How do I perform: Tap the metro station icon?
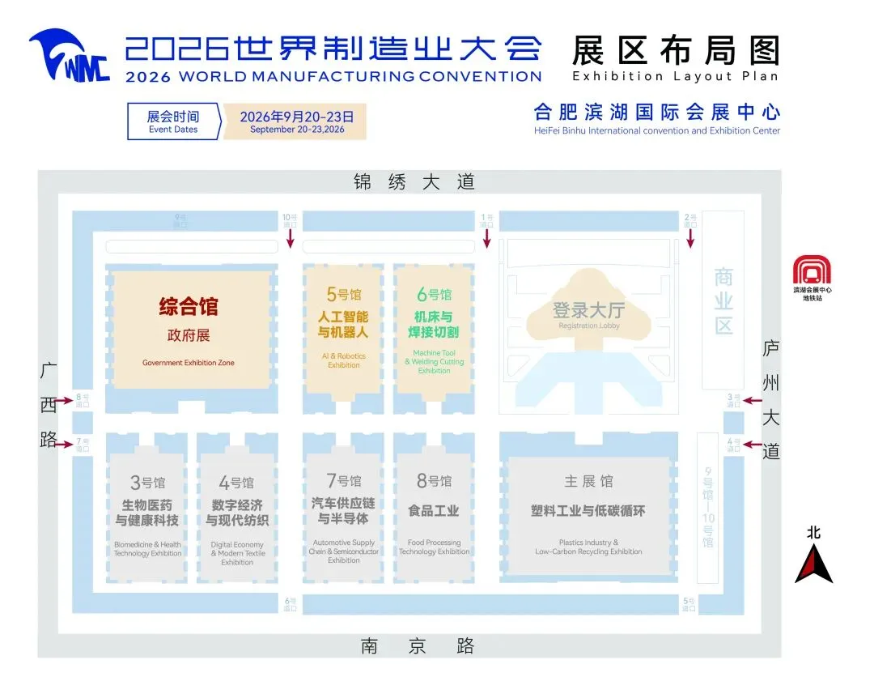pos(812,270)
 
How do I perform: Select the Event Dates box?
pos(173,121)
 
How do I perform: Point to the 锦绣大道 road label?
pos(414,181)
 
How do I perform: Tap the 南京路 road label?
pos(418,645)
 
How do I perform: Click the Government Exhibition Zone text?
pos(189,363)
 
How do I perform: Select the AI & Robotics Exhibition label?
pos(344,360)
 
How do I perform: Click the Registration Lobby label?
pos(588,326)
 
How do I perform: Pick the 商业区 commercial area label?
pos(723,300)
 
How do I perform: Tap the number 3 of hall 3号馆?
pos(135,483)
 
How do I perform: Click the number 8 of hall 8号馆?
pos(422,481)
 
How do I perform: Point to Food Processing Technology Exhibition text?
pos(434,547)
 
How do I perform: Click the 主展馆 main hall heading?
pos(588,481)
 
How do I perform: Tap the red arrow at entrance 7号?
pos(62,444)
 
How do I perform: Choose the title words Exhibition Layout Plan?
pos(675,76)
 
